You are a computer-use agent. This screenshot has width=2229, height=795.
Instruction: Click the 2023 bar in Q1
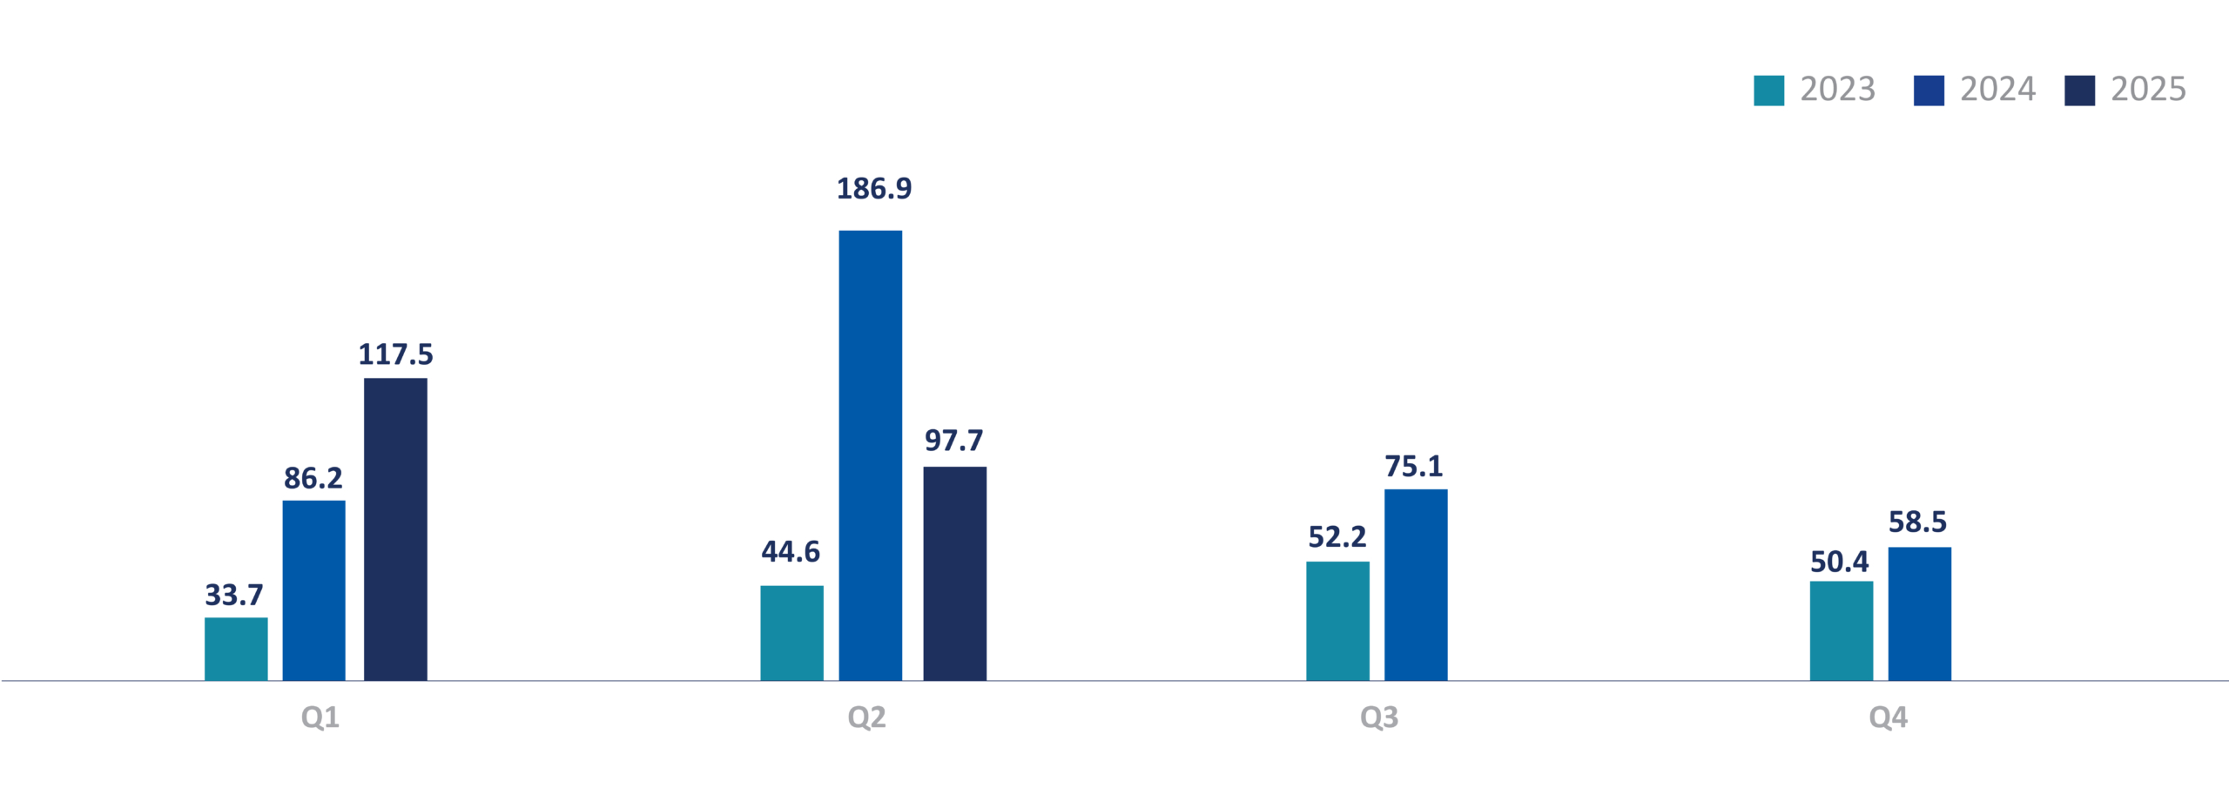pyautogui.click(x=236, y=649)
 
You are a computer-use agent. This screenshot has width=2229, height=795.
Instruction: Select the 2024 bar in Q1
pyautogui.click(x=313, y=590)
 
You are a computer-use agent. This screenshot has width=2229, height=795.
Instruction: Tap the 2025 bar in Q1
pyautogui.click(x=395, y=529)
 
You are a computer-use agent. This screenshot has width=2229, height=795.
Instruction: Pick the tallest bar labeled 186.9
pyautogui.click(x=870, y=455)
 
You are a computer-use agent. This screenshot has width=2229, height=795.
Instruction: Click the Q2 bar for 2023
pyautogui.click(x=791, y=633)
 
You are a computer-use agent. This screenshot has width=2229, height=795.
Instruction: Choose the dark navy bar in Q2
pyautogui.click(x=954, y=574)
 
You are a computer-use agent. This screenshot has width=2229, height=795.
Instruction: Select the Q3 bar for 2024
pyautogui.click(x=1416, y=585)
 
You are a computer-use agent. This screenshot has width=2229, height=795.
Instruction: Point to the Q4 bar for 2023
pyautogui.click(x=1841, y=631)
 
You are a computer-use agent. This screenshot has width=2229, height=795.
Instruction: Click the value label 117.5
pyautogui.click(x=395, y=354)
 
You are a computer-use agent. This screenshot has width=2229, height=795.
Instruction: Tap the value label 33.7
pyautogui.click(x=233, y=596)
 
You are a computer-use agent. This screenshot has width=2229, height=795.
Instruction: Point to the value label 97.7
pyautogui.click(x=953, y=441)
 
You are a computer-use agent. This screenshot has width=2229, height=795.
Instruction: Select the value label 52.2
pyautogui.click(x=1337, y=537)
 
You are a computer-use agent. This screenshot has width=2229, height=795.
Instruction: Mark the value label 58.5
pyautogui.click(x=1917, y=522)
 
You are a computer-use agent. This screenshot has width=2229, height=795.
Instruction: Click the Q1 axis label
pyautogui.click(x=320, y=718)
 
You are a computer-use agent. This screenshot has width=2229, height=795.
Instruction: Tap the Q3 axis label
pyautogui.click(x=1379, y=718)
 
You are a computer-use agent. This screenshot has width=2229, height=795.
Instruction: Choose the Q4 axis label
pyautogui.click(x=1888, y=718)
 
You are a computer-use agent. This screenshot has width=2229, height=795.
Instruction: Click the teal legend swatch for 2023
pyautogui.click(x=1768, y=91)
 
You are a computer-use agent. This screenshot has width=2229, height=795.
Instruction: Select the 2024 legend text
pyautogui.click(x=1997, y=90)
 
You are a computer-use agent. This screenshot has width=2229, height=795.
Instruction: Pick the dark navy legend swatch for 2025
pyautogui.click(x=2079, y=91)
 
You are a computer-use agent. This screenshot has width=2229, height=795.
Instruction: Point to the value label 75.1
pyautogui.click(x=1413, y=467)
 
